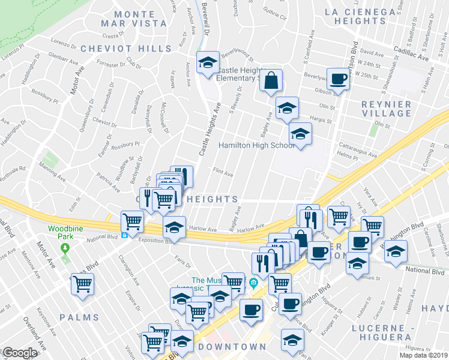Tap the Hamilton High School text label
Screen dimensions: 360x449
pyautogui.click(x=256, y=146)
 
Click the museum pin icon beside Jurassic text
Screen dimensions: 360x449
pyautogui.click(x=253, y=283)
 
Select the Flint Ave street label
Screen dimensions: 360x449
pyautogui.click(x=223, y=173)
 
